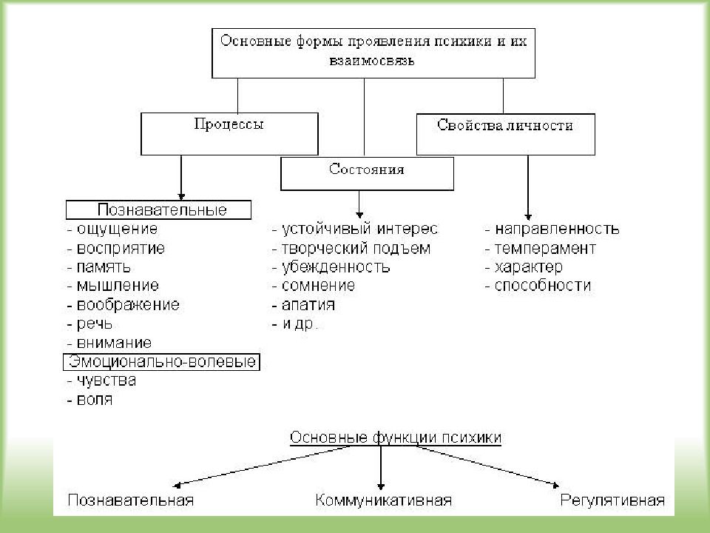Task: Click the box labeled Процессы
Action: click(229, 134)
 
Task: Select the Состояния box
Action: click(367, 173)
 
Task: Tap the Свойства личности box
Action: click(505, 134)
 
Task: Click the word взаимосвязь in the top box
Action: click(372, 60)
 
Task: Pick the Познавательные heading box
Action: click(158, 209)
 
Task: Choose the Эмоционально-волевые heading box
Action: click(162, 362)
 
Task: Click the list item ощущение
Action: click(117, 229)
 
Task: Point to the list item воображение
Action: click(128, 304)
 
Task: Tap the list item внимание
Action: click(114, 343)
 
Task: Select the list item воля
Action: click(95, 399)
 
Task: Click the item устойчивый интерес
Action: click(359, 229)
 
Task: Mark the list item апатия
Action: click(308, 305)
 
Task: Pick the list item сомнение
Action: click(318, 286)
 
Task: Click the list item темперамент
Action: click(545, 249)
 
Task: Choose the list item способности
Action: click(542, 286)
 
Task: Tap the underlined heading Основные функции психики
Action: click(395, 438)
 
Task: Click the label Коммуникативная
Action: click(384, 500)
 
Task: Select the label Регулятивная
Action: click(612, 500)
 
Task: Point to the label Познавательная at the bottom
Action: click(131, 500)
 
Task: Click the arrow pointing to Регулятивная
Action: click(487, 466)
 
